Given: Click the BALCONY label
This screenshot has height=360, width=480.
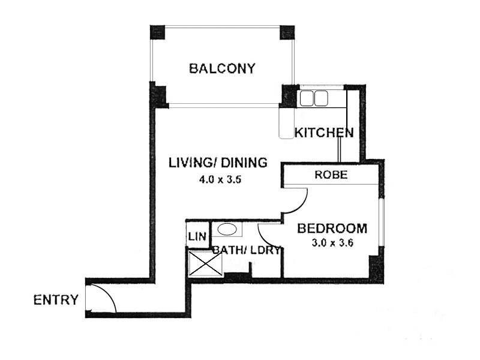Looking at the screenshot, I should coord(222,68).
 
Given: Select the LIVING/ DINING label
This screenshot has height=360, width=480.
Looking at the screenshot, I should coord(217,163).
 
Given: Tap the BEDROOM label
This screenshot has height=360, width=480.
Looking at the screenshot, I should coord(332,229).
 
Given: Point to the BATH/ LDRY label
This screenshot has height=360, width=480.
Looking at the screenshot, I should coord(246,250).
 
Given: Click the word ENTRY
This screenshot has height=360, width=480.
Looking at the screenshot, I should coord(56,299).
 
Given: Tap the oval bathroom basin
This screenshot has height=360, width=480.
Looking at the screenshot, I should coord(226,229).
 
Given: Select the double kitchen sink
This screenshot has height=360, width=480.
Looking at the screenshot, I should coord(314,98).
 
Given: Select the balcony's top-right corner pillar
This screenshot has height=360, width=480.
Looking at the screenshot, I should coord(287,32).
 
